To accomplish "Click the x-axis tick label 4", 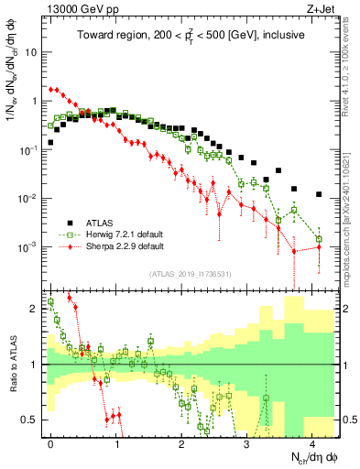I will [x=312, y=442].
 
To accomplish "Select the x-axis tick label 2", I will [x=181, y=442].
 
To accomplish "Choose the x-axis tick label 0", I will [x=50, y=442].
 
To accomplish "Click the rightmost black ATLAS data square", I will [x=319, y=194].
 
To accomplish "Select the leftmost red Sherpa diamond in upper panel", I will [x=50, y=90].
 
